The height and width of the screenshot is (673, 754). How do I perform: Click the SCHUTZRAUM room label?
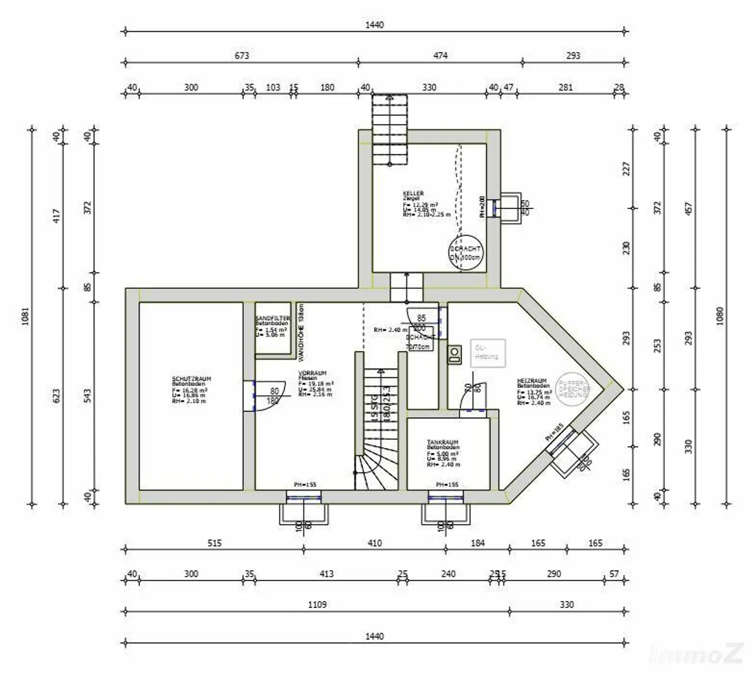[x=191, y=379]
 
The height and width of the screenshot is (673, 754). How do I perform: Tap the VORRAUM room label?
[x=312, y=373]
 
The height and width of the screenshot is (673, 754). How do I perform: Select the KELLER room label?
[x=413, y=193]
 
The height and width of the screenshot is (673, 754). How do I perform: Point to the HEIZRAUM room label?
[x=532, y=381]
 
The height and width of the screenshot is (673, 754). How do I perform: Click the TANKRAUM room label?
[x=442, y=442]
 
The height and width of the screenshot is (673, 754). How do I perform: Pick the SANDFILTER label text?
[x=272, y=319]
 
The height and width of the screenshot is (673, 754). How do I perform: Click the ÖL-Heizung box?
[x=487, y=352]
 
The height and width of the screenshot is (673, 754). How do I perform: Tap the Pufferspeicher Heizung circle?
[x=572, y=389]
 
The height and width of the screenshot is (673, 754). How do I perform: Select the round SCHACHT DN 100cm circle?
[x=465, y=253]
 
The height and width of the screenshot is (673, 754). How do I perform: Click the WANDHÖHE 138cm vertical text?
[x=301, y=332]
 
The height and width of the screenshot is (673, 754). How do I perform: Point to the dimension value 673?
[x=242, y=55]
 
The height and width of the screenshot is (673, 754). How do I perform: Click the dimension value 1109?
[x=317, y=604]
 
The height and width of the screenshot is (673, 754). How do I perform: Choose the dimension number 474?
[x=440, y=55]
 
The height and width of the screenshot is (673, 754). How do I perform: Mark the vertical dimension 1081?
[x=26, y=316]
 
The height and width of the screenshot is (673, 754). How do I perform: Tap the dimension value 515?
[x=215, y=543]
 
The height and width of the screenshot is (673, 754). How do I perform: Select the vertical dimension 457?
[x=688, y=209]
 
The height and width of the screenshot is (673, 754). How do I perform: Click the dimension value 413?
[x=326, y=573]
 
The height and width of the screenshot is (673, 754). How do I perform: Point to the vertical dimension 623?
[x=56, y=396]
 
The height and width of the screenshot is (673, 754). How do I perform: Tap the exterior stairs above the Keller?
[x=389, y=130]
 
